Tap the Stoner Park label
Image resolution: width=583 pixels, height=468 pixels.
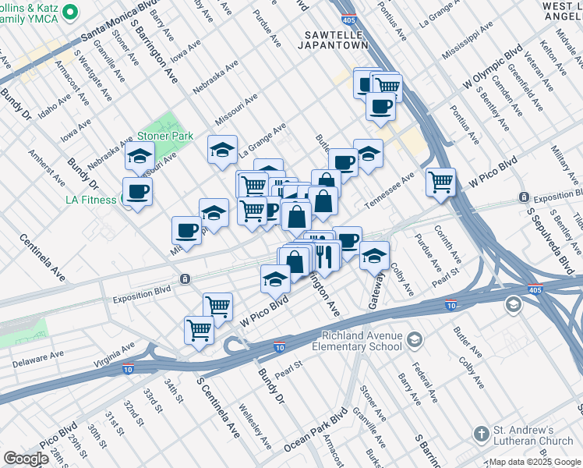[164, 136]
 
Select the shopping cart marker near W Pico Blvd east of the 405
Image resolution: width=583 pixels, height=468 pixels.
[441, 183]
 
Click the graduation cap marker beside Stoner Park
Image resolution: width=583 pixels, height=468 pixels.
[140, 158]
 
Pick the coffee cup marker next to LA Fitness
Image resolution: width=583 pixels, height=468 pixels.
[137, 191]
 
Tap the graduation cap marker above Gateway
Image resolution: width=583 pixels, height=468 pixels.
[374, 255]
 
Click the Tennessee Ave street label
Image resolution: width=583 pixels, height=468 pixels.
[390, 192]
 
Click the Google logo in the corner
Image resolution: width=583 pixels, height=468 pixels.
[26, 459]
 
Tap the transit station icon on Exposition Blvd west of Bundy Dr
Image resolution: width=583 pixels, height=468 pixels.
[185, 278]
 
